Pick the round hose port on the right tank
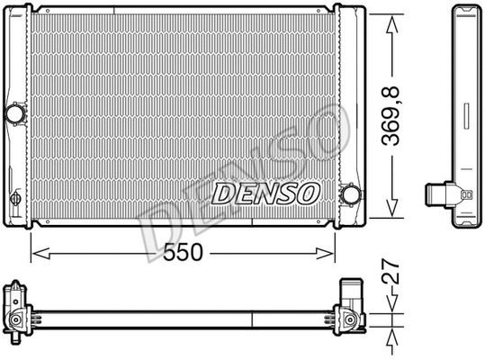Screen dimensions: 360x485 tap(350, 194)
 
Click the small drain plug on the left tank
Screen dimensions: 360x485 tap(15, 199)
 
